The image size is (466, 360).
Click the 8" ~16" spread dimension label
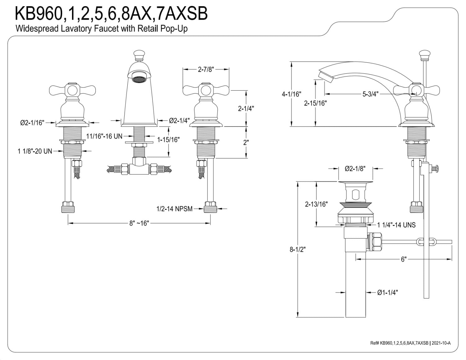(139, 223)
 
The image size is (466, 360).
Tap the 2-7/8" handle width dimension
(206, 70)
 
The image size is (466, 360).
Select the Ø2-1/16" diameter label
(32, 123)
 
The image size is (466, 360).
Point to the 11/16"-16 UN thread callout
(104, 136)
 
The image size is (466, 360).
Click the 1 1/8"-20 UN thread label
(35, 151)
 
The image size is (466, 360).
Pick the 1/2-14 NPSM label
(175, 209)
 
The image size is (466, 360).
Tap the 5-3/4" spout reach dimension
(370, 94)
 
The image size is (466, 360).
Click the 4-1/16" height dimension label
(291, 94)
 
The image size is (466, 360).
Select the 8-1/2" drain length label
(298, 249)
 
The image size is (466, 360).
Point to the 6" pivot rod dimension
(404, 259)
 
